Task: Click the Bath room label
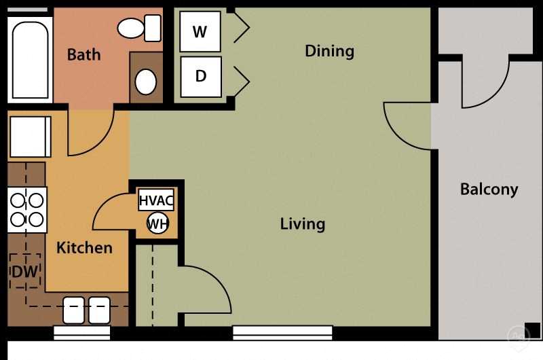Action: click(x=83, y=54)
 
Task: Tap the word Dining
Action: click(x=329, y=51)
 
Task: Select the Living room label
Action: click(x=302, y=223)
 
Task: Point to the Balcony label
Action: click(x=489, y=189)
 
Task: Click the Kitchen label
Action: click(x=84, y=247)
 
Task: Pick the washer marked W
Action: click(x=200, y=32)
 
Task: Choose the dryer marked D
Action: click(x=200, y=75)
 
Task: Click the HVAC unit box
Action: click(x=156, y=201)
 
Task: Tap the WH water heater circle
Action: click(x=157, y=223)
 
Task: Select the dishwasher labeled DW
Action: click(x=25, y=271)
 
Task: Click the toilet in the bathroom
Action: click(x=138, y=28)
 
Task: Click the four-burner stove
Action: click(x=26, y=209)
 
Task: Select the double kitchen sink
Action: click(x=86, y=310)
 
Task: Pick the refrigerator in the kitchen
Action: click(x=30, y=137)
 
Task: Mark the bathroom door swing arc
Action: click(x=92, y=132)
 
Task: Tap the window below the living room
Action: click(x=282, y=333)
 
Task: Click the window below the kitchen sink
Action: click(x=81, y=333)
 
